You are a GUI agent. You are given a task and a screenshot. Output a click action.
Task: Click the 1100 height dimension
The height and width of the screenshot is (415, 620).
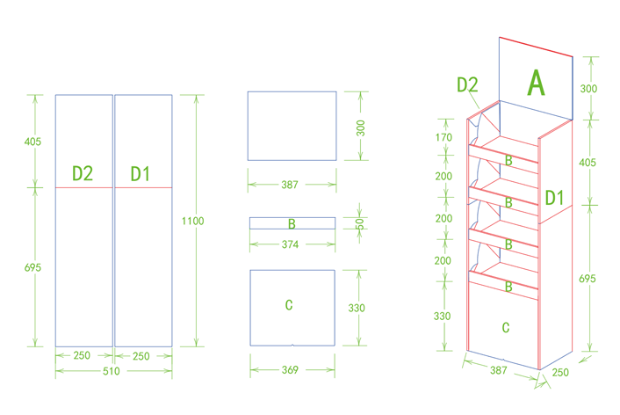point(192,221)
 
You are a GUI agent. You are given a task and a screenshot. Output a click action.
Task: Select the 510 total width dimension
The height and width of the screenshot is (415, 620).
point(112,371)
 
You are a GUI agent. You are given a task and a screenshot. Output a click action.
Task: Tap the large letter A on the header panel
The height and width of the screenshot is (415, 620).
point(536,83)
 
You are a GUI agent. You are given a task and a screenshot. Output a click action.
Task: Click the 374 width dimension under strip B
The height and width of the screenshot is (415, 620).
point(290,244)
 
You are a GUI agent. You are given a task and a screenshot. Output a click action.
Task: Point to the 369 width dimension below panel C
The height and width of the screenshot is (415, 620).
point(290,370)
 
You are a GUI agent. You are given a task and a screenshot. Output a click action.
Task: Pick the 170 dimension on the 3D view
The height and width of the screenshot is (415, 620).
point(443,137)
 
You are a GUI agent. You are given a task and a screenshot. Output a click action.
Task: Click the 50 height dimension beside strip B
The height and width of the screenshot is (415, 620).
point(359,224)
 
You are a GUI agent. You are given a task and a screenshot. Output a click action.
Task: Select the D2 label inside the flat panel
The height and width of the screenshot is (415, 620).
point(83,173)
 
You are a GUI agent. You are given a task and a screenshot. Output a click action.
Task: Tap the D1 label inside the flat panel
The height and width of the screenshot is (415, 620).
point(141,174)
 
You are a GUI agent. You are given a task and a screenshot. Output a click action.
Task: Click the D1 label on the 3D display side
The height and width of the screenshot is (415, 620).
point(554,198)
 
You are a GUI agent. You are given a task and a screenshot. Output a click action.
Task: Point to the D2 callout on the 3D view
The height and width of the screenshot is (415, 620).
point(467,84)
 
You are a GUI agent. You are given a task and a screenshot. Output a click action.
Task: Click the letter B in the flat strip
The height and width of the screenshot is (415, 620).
point(292,224)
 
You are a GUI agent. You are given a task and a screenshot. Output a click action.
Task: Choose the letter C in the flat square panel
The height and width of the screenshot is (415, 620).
point(289,305)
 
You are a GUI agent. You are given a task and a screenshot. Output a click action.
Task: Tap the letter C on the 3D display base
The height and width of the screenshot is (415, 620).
point(506,327)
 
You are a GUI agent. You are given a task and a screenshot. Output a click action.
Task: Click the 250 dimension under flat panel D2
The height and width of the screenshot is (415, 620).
point(82,355)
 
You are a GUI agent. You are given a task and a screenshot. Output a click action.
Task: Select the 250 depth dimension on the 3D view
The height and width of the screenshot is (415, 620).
point(560,372)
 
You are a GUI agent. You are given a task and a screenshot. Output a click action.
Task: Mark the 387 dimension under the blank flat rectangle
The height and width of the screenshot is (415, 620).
point(290,185)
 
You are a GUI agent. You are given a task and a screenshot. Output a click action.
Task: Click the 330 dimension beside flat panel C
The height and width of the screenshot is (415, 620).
point(357,308)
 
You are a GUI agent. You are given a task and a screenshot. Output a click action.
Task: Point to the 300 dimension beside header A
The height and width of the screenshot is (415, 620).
point(588,88)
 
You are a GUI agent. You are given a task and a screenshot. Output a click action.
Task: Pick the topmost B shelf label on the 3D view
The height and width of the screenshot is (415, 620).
point(508,160)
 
